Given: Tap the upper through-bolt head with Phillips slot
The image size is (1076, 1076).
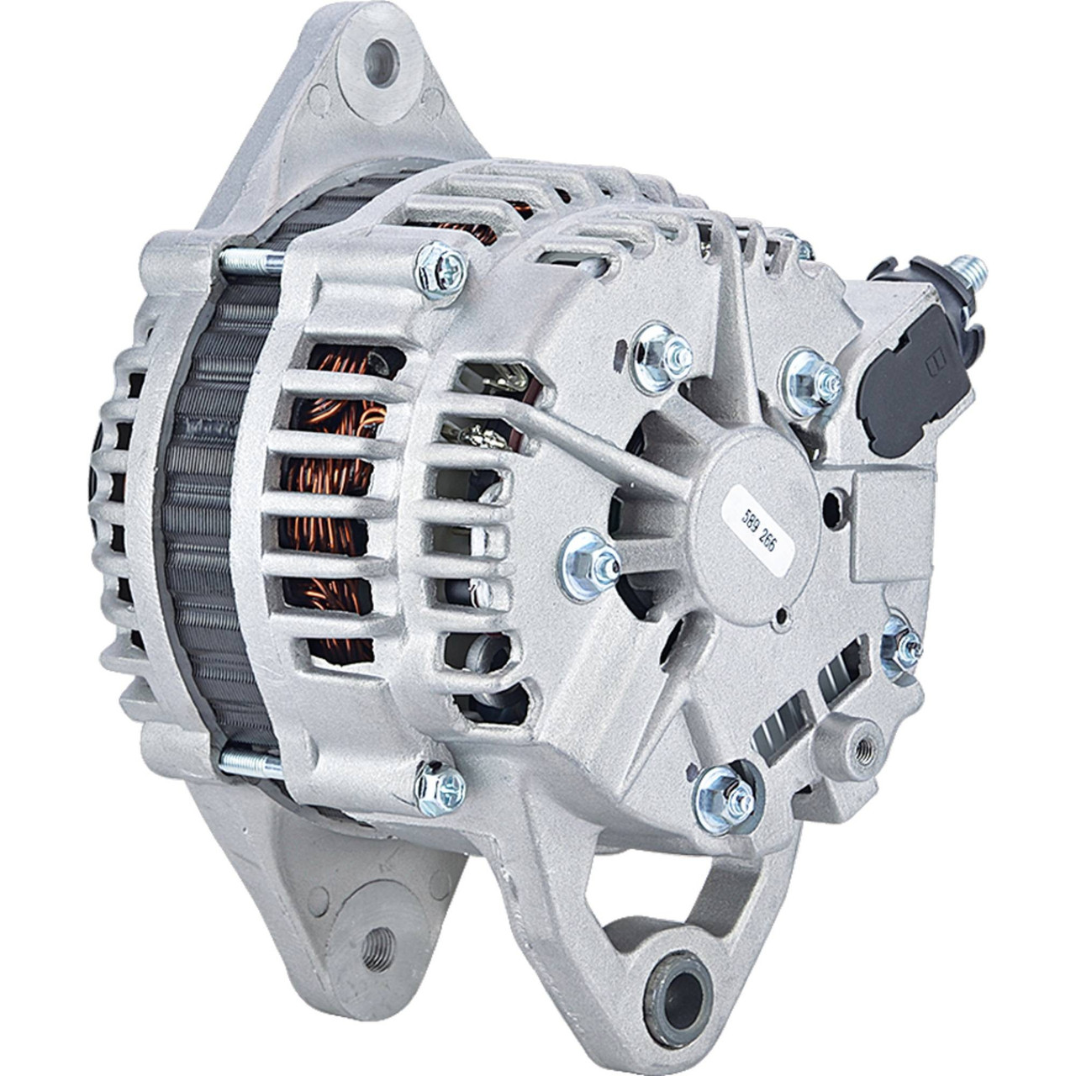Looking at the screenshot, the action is pos(441,271).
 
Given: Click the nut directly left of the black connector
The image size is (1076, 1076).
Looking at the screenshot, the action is pos(812,378).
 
